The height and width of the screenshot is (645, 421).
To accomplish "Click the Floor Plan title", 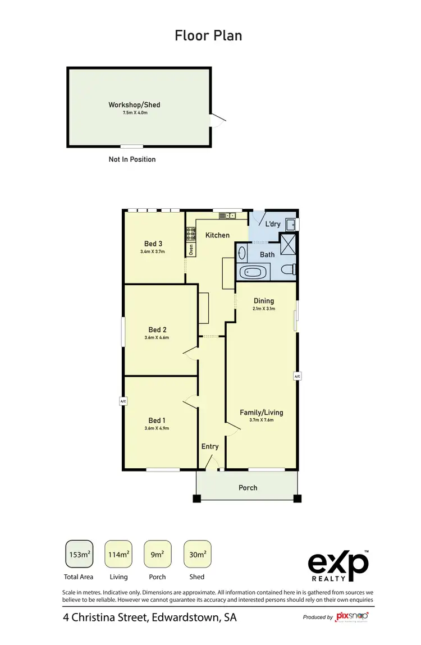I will (208, 36).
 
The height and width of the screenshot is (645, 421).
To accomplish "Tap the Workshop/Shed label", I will (135, 104).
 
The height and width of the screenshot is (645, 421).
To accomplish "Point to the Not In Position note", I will (132, 159).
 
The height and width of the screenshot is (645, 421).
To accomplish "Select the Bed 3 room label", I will (153, 244).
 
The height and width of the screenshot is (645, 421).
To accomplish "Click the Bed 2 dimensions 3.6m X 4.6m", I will (158, 338).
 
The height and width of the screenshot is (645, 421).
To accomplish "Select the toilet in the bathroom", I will (289, 270).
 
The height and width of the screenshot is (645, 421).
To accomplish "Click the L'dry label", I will (272, 225).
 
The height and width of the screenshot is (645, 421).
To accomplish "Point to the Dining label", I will (264, 301).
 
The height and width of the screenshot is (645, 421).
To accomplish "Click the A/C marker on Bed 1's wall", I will (122, 401).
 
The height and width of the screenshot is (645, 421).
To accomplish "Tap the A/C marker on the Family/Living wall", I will (297, 376).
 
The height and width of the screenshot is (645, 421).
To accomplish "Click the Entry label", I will (210, 447).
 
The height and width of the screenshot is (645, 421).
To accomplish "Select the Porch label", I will (248, 487).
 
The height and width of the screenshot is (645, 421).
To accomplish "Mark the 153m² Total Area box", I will (79, 555).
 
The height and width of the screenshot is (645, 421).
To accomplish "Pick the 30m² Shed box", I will (197, 555).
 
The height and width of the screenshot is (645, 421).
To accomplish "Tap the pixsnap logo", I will (352, 617).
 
